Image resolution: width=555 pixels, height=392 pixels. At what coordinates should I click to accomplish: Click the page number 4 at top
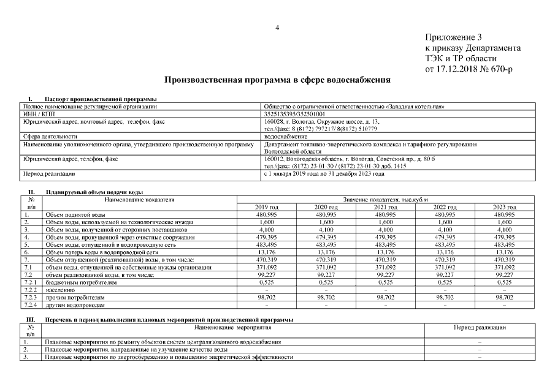[x=277, y=28]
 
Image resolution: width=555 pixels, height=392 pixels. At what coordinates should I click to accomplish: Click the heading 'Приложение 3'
[x=453, y=38]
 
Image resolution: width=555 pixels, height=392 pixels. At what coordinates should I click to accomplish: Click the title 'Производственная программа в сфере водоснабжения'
[x=277, y=80]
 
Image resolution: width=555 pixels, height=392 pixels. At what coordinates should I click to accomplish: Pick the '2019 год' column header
[x=266, y=208]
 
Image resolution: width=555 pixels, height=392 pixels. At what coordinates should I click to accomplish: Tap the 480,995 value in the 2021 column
[x=385, y=215]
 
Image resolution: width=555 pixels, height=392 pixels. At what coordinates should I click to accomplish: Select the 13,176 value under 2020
[x=326, y=252]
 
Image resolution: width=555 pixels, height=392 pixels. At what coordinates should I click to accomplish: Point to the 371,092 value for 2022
[x=445, y=268]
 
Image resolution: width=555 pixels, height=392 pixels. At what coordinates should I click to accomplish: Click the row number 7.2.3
[x=30, y=296]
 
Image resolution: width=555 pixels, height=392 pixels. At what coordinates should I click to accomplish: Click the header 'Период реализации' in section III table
[x=479, y=328]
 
